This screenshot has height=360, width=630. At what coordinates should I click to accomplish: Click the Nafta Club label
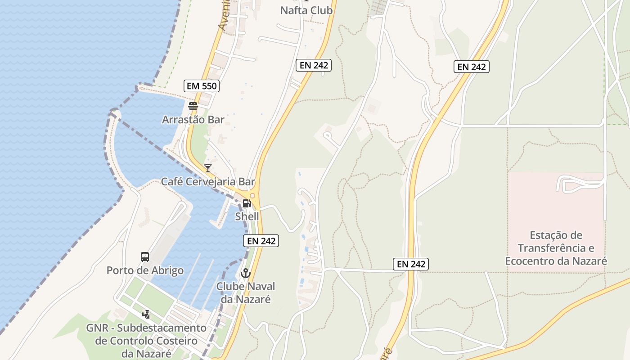pyautogui.click(x=306, y=10)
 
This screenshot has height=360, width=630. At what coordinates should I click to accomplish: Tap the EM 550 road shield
pyautogui.click(x=201, y=86)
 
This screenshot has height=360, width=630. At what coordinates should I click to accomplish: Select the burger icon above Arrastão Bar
pyautogui.click(x=193, y=107)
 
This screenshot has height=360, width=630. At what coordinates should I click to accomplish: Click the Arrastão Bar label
pyautogui.click(x=193, y=120)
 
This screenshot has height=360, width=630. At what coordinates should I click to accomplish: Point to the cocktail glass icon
pyautogui.click(x=207, y=168)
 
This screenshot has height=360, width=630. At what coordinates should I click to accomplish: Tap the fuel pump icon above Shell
pyautogui.click(x=247, y=203)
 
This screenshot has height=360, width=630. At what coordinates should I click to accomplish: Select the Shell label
pyautogui.click(x=247, y=216)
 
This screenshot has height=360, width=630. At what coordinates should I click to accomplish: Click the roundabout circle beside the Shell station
pyautogui.click(x=252, y=195)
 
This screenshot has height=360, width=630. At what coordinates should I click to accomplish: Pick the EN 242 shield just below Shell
pyautogui.click(x=261, y=241)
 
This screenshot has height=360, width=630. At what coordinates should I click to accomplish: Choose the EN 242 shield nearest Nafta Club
pyautogui.click(x=314, y=65)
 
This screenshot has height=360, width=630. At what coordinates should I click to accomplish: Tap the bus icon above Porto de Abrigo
pyautogui.click(x=144, y=257)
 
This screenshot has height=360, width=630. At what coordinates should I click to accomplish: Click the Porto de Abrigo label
pyautogui.click(x=145, y=270)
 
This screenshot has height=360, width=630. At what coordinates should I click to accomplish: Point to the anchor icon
pyautogui.click(x=246, y=273)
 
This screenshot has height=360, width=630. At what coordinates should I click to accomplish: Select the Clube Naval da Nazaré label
pyautogui.click(x=246, y=292)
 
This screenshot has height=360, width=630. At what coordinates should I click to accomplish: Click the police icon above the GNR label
pyautogui.click(x=146, y=315)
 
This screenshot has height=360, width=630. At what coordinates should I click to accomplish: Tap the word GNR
pyautogui.click(x=98, y=328)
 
